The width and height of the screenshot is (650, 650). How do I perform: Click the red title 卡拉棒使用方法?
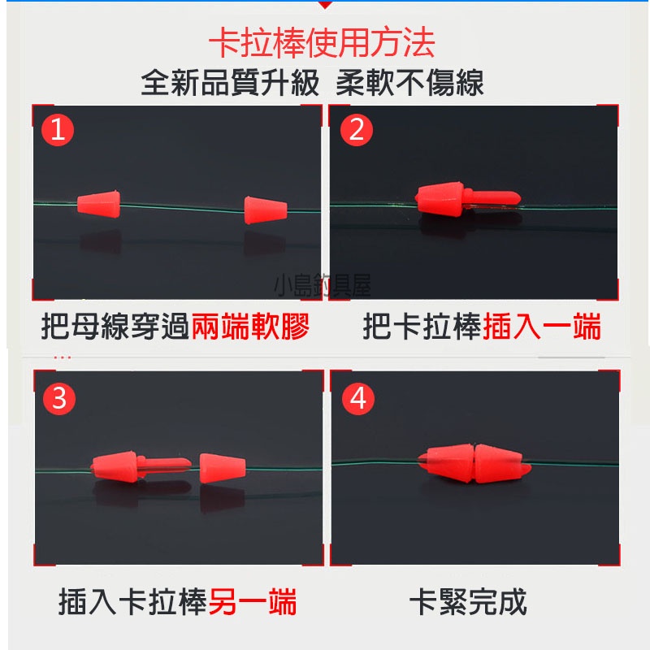322,43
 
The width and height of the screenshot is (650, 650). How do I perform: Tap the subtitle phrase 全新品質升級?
230,83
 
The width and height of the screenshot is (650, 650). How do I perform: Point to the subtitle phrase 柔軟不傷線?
409,83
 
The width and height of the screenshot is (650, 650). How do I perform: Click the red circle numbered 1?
58,130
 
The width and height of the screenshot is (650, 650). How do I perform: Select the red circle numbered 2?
356,130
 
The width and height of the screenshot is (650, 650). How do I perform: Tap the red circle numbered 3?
59,398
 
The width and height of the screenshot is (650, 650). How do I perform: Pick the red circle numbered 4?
358,398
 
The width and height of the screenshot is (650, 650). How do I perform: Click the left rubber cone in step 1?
98,204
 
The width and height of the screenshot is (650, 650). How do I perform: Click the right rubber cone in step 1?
266,210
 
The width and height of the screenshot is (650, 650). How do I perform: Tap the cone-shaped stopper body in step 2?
440,198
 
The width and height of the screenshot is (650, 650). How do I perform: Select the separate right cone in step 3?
222,468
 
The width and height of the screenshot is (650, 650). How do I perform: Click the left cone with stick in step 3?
141,466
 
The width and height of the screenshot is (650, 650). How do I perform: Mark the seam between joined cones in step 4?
473,463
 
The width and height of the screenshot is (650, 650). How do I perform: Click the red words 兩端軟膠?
250,327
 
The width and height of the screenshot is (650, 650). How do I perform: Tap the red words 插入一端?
542,327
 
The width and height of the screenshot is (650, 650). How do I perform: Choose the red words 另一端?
253,602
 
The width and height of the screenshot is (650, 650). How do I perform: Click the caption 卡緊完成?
468,602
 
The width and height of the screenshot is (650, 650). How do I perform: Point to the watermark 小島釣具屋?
323,286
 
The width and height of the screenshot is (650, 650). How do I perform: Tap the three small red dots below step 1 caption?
63,357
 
